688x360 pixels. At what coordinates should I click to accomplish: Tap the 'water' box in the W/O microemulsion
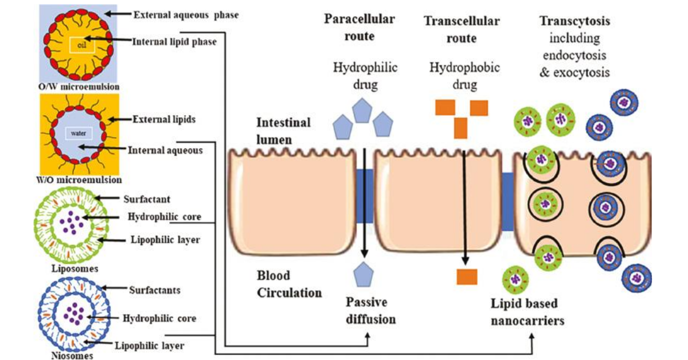pos(78,132)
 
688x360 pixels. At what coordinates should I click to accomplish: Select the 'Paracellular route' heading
pos(359,28)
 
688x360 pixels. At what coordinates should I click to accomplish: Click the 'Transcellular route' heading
pos(462,30)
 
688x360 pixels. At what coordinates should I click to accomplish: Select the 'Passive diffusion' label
pos(366,310)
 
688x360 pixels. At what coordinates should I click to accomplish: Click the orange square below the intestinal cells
pos(467,277)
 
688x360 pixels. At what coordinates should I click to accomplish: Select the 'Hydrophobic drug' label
pos(464,76)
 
